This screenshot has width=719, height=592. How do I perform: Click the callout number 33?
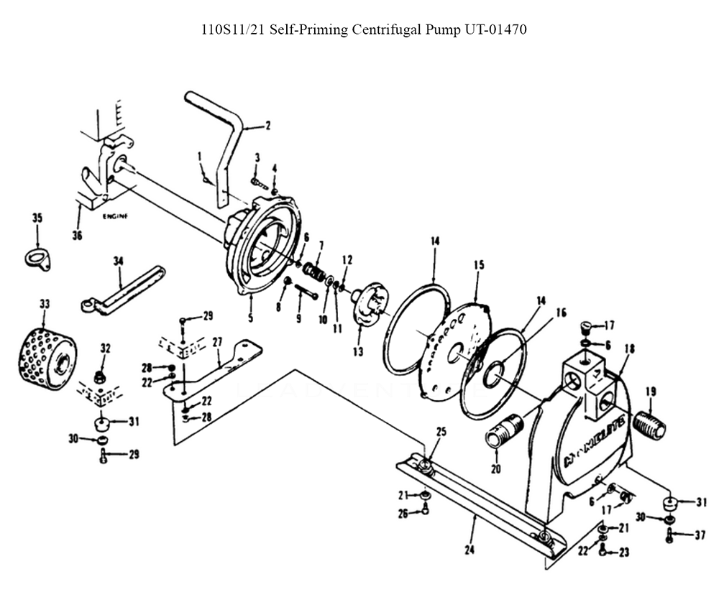[x=45, y=305]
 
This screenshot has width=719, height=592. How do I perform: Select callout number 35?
[x=38, y=218]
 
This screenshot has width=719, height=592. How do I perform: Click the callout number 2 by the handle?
[x=267, y=126]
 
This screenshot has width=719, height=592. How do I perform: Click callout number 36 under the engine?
[x=78, y=232]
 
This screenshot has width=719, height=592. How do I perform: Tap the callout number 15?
[x=479, y=265]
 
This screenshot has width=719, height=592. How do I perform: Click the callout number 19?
[x=651, y=392]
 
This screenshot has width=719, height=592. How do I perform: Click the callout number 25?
[x=441, y=432]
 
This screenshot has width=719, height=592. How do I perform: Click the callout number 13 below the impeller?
[x=358, y=352]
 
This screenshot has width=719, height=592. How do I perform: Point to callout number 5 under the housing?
[x=250, y=318]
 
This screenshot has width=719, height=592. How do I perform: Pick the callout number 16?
[x=560, y=313]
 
